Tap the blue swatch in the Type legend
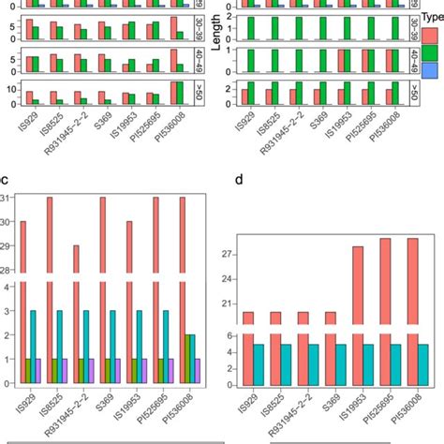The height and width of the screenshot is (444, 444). (433, 70)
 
